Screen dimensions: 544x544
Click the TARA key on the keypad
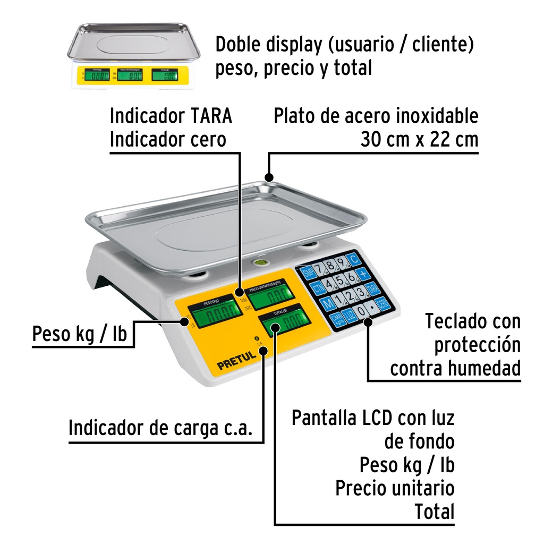pos(374,289)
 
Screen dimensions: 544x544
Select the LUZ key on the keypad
pos(349,314)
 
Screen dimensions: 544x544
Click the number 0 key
pos(362,311)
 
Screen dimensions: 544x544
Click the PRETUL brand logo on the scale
pos(236,364)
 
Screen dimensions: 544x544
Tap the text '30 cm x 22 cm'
pos(419,139)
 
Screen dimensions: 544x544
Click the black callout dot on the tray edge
pos(269,178)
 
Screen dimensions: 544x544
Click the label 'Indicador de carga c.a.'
pos(160,427)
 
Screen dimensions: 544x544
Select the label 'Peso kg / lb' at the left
pos(80,335)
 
